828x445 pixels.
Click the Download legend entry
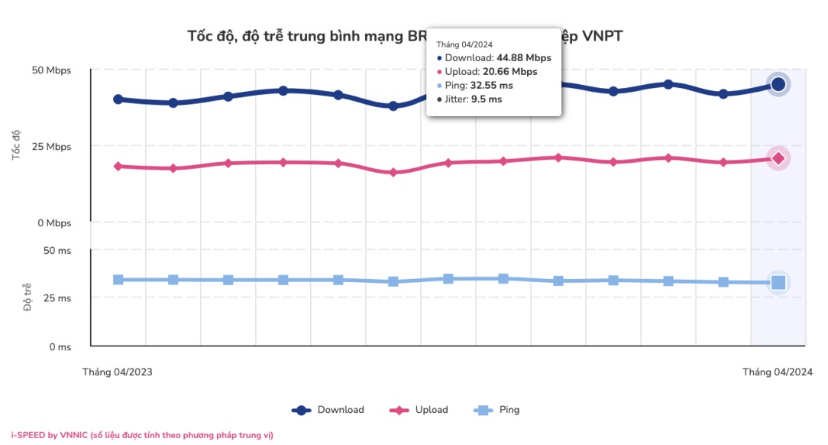(328, 410)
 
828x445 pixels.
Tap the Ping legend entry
(496, 410)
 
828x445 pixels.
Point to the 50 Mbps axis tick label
(52, 70)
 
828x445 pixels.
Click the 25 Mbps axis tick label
(52, 147)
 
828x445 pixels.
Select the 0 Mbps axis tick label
(54, 223)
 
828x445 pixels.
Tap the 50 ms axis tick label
(57, 251)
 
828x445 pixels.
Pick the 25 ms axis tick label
(57, 298)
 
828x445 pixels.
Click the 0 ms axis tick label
(59, 347)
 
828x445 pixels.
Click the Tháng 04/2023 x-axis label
(117, 372)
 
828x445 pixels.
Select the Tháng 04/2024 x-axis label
(778, 372)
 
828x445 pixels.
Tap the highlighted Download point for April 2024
(778, 84)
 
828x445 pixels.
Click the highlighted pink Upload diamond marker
(778, 158)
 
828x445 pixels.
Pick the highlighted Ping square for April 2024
(778, 283)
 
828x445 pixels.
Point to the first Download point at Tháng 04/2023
(118, 99)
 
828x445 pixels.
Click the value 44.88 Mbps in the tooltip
(523, 58)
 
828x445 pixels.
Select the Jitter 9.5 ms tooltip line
(469, 99)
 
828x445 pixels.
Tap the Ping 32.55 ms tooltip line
(480, 86)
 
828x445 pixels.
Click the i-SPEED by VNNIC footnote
(142, 435)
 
